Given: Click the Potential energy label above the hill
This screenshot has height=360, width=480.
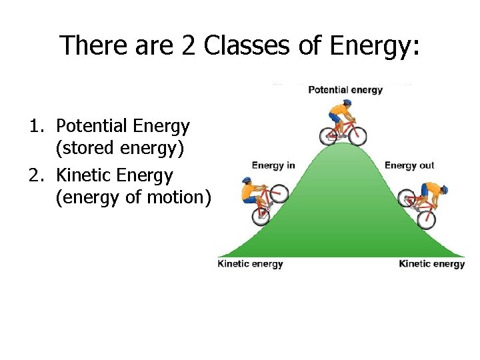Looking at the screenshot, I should click(345, 90).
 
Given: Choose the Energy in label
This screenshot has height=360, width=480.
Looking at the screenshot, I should click(273, 165).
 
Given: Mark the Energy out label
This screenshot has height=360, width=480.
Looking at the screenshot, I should click(409, 165).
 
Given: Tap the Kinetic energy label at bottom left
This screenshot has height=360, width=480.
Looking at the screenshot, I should click(250, 263).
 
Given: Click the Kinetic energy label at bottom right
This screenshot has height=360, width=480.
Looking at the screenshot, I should click(431, 263).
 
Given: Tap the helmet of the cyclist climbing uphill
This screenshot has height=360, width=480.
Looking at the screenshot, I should click(247, 181).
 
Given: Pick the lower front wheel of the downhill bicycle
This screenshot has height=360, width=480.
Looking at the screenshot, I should click(426, 219).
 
